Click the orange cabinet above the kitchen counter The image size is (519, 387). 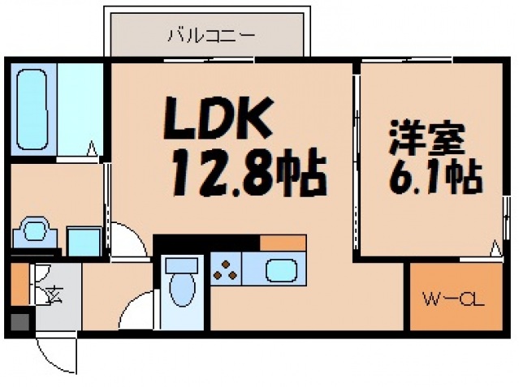pyautogui.click(x=283, y=242)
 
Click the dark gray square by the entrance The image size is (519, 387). pyautogui.click(x=19, y=322)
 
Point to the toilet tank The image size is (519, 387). pyautogui.click(x=179, y=264)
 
